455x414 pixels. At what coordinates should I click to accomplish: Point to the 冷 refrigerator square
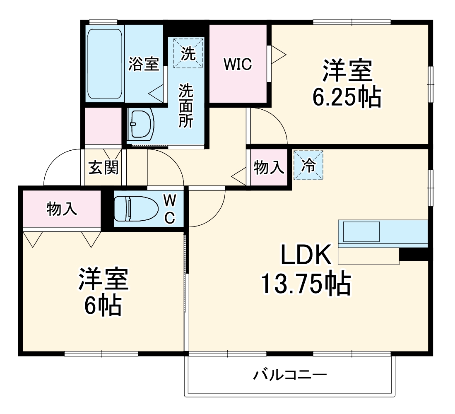[308, 165]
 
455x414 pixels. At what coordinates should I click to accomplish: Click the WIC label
[238, 64]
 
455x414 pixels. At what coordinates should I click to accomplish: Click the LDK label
[306, 255]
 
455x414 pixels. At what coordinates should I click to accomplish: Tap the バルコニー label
[290, 375]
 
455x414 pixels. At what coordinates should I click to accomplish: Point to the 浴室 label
[144, 64]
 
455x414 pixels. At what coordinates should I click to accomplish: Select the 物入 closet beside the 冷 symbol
[269, 168]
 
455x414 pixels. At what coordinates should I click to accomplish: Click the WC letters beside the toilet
[170, 209]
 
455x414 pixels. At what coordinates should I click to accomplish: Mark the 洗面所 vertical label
[185, 106]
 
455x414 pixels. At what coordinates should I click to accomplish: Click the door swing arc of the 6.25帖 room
[271, 124]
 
